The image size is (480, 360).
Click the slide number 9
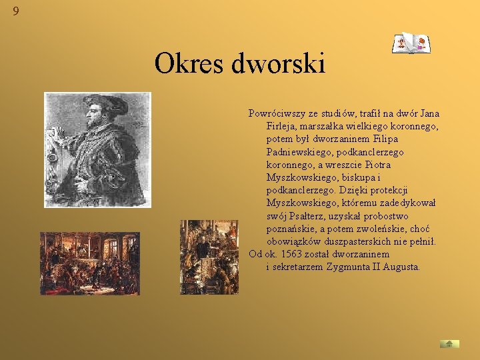pos(15,11)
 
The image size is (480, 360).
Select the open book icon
pos(411,43)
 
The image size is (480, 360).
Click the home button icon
pos(449,343)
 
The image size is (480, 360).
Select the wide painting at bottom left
pos(89,263)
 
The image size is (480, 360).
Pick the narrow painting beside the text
pos(209,257)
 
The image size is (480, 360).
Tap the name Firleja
pos(283,127)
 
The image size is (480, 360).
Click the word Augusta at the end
pos(398,267)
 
